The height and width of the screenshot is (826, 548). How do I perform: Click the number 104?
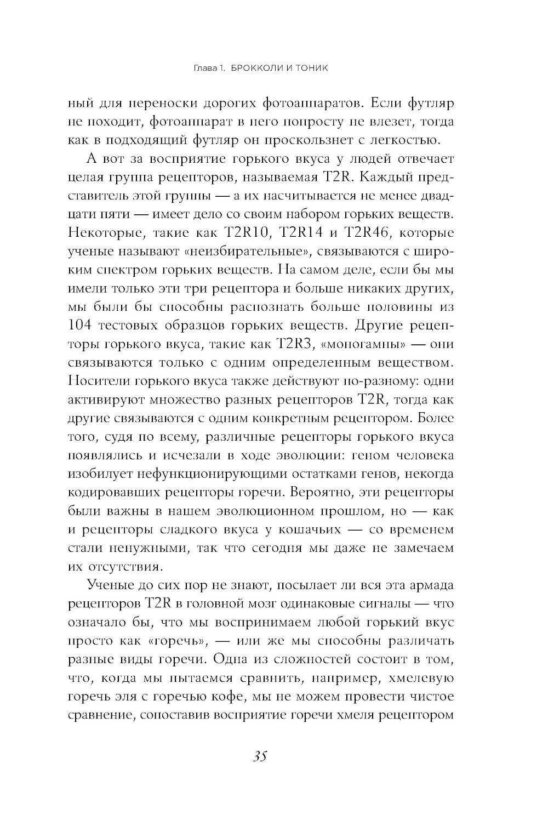[x=84, y=326]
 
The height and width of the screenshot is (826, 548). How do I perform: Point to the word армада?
[x=429, y=585]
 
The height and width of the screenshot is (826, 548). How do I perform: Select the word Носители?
[x=99, y=381]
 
